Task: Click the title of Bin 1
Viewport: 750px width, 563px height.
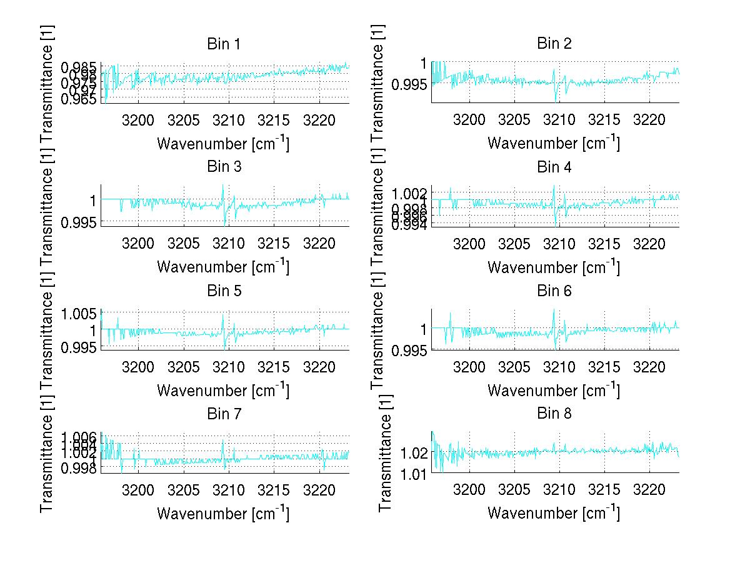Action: pos(223,44)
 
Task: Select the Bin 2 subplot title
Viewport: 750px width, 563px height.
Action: pos(554,43)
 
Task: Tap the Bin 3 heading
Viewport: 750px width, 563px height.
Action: pos(223,167)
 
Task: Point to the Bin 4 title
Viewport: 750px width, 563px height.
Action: pos(554,167)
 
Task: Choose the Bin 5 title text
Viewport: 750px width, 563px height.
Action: pos(223,291)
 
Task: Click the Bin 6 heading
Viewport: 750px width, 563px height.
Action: pos(554,291)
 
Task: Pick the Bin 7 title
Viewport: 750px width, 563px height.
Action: pos(223,414)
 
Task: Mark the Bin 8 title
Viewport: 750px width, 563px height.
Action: pos(554,414)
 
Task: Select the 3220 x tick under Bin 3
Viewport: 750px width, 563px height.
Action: pos(319,242)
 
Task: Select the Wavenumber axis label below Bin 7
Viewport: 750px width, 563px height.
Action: pos(223,513)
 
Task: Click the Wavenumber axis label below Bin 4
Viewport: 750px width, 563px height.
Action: pos(554,267)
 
